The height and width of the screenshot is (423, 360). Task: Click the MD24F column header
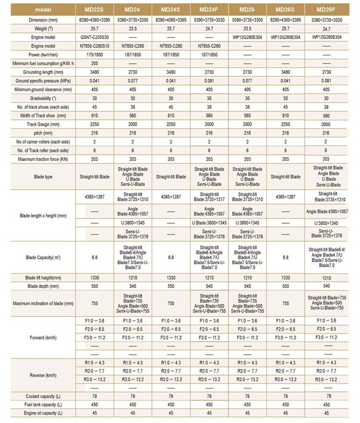(209, 9)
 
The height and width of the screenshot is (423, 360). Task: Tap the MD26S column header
(286, 9)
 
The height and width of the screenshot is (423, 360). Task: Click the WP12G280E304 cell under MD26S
(286, 36)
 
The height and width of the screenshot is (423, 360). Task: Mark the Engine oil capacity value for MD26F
(326, 413)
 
